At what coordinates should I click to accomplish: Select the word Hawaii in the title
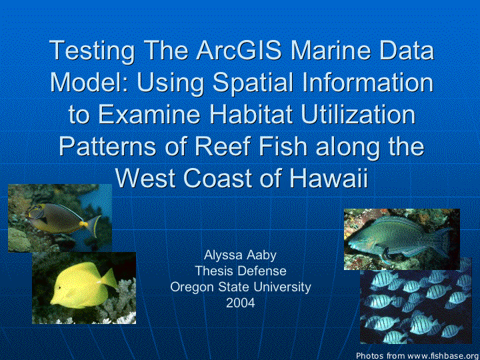pos(329,178)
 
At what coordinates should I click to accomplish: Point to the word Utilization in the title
pos(358,115)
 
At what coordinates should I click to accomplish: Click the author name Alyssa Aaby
pos(240,255)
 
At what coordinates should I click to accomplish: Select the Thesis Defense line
pos(241,271)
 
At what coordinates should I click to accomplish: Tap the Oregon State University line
pos(241,287)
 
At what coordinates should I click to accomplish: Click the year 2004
pos(240,303)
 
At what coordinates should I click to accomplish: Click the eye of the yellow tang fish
pos(59,288)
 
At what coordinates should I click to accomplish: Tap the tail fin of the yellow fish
pos(109,279)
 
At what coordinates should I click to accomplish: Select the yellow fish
pos(83,285)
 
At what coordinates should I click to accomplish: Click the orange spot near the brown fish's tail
pos(84,224)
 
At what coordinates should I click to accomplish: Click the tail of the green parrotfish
pos(443,242)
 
